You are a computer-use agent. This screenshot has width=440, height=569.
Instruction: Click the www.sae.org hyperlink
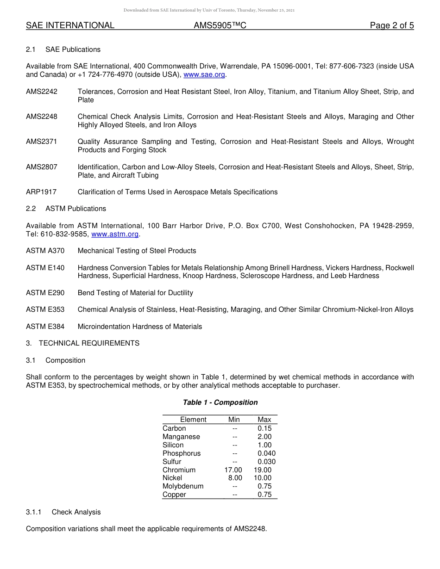tap(204, 74)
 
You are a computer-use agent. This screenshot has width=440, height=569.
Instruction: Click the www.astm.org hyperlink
tap(115, 234)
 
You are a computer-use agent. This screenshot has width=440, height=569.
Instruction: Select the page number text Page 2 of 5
tap(391, 25)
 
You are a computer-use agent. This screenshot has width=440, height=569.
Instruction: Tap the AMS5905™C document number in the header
tap(220, 25)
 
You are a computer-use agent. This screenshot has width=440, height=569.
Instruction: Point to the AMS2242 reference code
tap(42, 92)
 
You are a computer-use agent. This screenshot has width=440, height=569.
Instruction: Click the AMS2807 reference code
tap(42, 167)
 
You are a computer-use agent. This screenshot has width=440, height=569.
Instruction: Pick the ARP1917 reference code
tap(41, 192)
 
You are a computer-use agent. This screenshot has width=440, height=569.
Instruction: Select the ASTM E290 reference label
tap(45, 293)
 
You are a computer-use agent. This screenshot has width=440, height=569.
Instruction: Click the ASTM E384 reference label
tap(45, 327)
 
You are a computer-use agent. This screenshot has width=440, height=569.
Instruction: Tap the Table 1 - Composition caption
tap(220, 402)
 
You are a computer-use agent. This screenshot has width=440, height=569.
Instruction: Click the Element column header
tap(193, 420)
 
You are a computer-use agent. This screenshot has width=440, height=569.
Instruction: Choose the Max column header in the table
tap(264, 420)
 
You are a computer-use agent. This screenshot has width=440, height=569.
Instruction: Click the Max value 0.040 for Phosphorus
tap(266, 453)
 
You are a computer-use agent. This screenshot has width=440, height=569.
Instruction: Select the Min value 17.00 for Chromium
tap(233, 470)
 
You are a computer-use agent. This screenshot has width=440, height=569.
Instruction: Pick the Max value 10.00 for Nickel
tap(263, 478)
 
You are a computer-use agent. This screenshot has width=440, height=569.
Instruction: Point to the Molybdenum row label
tap(183, 486)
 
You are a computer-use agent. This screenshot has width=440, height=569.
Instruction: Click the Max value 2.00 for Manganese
tap(264, 437)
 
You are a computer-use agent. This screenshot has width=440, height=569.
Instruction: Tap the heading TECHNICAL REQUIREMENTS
tap(89, 343)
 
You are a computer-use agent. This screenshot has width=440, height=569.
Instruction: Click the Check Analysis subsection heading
tap(76, 512)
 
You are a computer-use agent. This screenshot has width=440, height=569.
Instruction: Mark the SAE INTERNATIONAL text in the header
tap(70, 25)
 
